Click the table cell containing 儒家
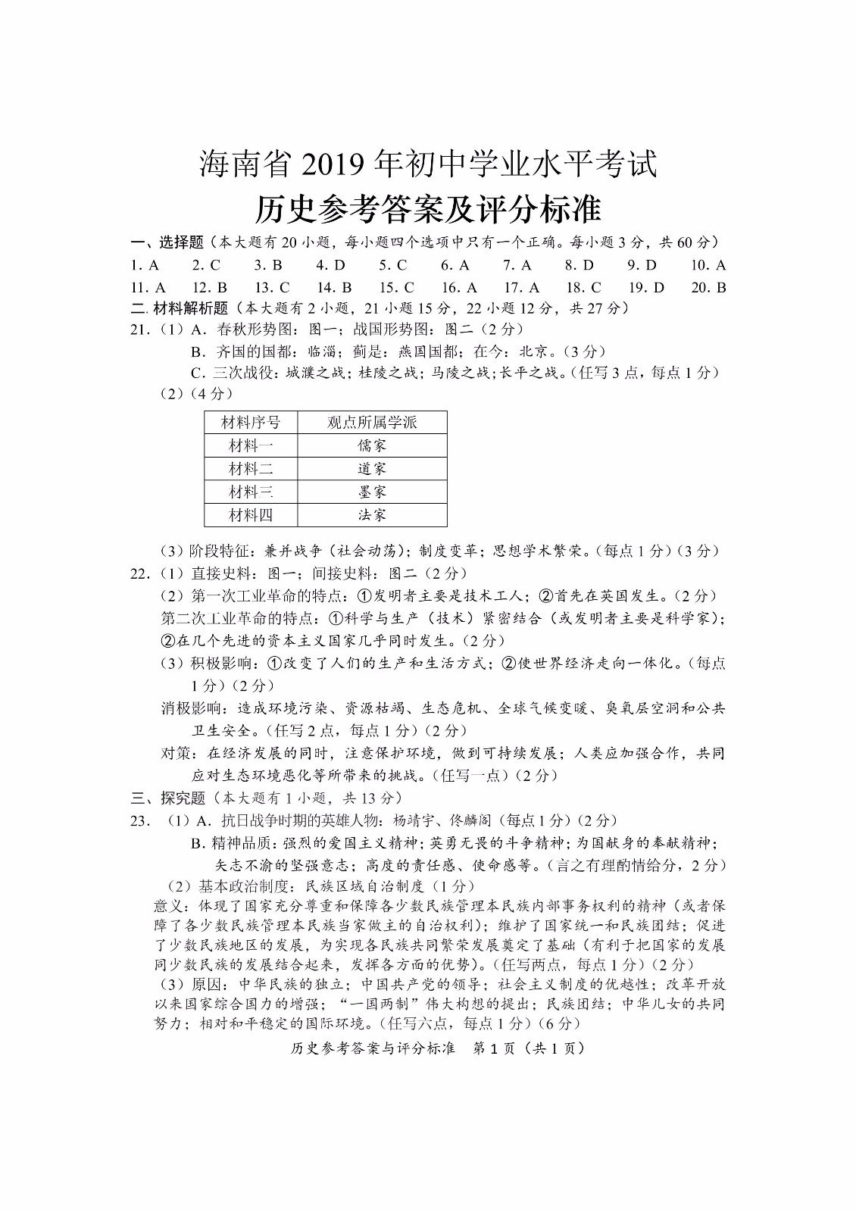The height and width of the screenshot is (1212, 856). pos(372,445)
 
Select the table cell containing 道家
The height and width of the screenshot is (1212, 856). pos(372,469)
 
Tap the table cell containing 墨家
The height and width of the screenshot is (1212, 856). pos(372,492)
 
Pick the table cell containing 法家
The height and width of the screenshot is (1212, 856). pos(372,515)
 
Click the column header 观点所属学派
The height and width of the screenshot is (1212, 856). pos(372,422)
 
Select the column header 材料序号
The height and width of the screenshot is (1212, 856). pos(251,422)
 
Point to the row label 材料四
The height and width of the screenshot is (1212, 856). pos(251,515)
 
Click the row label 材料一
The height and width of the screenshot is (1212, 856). pos(251,445)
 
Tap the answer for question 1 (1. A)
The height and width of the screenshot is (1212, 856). pos(145,265)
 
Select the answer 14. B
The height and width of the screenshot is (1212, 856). pos(334,287)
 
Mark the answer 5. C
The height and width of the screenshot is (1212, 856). pos(393,265)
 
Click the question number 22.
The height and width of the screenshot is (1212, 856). pos(140,573)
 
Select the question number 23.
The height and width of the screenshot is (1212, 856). pos(140,820)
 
